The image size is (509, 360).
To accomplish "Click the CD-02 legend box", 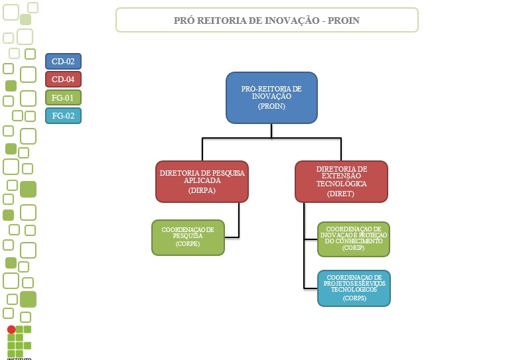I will (63, 62).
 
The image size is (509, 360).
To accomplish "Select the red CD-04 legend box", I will (63, 80).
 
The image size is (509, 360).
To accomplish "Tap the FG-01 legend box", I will (63, 97).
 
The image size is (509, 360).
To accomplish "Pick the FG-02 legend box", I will (63, 115).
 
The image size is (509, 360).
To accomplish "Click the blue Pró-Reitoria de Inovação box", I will (271, 97).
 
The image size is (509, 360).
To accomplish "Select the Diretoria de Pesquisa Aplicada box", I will (202, 181).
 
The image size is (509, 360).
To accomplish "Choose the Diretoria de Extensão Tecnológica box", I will (341, 181).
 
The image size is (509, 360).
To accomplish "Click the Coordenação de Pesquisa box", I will (188, 237).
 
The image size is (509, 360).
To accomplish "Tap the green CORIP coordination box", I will (353, 239).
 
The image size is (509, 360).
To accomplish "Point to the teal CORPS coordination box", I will (354, 288).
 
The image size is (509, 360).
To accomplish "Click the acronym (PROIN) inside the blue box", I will (271, 106).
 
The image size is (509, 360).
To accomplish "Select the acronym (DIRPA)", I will (202, 190).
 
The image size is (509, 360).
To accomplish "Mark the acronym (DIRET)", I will (341, 194).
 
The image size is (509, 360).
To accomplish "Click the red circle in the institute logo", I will (11, 330).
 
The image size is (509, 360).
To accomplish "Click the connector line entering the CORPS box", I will (311, 288).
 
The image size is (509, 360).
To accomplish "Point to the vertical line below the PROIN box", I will (271, 131).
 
